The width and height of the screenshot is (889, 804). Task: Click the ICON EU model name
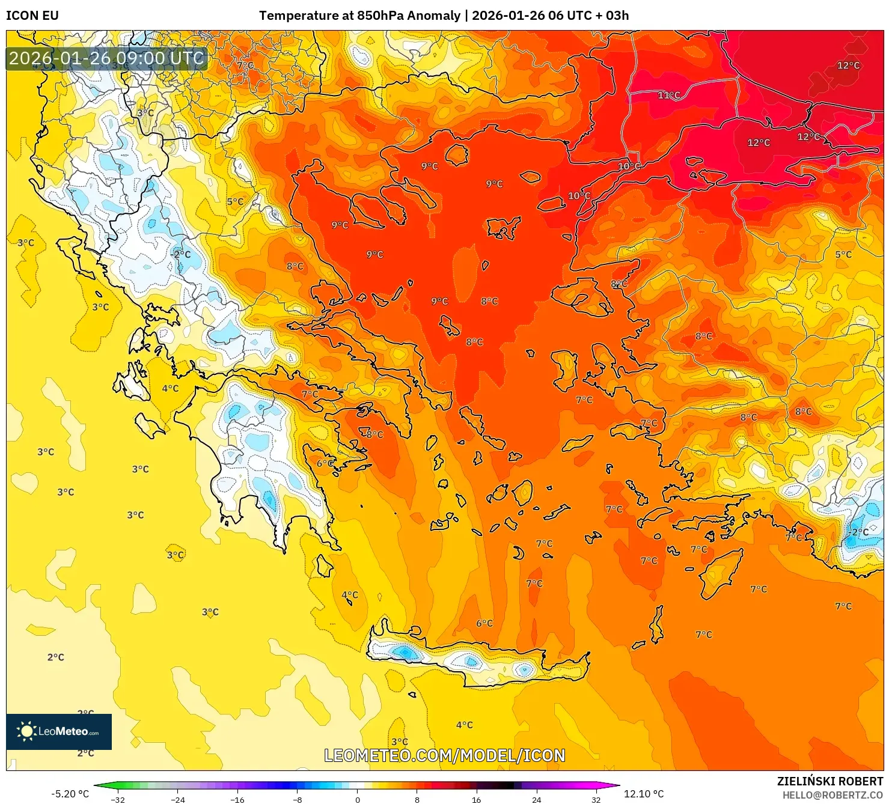pyautogui.click(x=32, y=16)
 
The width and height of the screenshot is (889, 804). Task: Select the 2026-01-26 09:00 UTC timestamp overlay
pyautogui.click(x=106, y=58)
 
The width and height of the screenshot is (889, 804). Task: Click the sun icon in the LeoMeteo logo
pyautogui.click(x=26, y=731)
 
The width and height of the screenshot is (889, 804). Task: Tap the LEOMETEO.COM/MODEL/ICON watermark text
pyautogui.click(x=444, y=755)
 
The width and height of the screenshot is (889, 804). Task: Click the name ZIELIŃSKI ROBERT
pyautogui.click(x=829, y=781)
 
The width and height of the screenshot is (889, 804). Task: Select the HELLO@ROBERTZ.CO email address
pyautogui.click(x=832, y=795)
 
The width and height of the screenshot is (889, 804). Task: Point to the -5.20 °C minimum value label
pyautogui.click(x=70, y=794)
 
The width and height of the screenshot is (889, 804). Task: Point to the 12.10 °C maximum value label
pyautogui.click(x=644, y=794)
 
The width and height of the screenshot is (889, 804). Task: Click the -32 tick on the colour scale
pyautogui.click(x=118, y=800)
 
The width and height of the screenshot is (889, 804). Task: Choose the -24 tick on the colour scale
pyautogui.click(x=178, y=800)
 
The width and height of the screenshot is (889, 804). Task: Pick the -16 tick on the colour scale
pyautogui.click(x=237, y=800)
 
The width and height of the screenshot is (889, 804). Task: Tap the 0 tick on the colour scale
pyautogui.click(x=358, y=800)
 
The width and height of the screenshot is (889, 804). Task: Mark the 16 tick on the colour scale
pyautogui.click(x=477, y=800)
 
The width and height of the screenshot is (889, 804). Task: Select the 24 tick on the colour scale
pyautogui.click(x=536, y=800)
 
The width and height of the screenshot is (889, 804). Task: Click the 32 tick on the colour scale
pyautogui.click(x=596, y=800)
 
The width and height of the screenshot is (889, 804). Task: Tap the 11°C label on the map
pyautogui.click(x=669, y=95)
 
